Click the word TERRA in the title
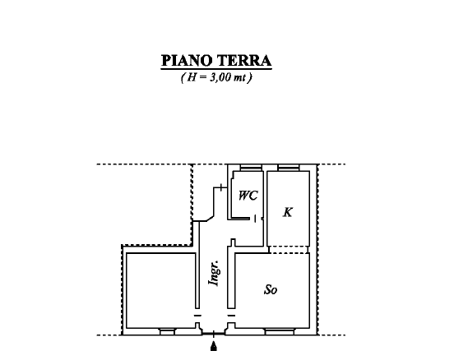244,62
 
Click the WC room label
248,196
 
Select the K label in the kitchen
287,212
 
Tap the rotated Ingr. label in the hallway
215,272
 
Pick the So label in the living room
270,289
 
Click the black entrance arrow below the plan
215,349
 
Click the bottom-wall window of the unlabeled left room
167,332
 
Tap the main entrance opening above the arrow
215,334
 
